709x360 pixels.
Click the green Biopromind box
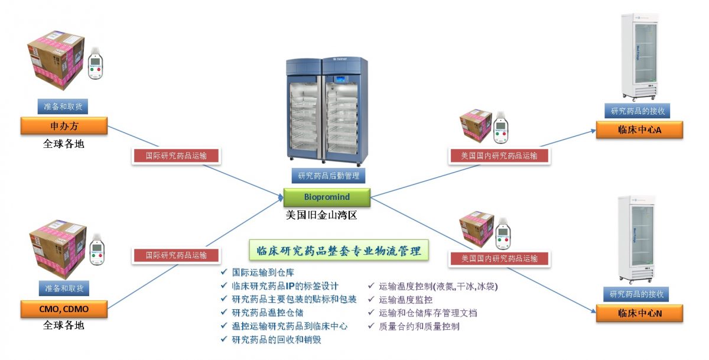[x=327, y=197]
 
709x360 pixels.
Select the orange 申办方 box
[x=64, y=125]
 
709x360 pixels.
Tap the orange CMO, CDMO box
[x=64, y=308]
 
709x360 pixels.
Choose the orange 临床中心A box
[x=639, y=130]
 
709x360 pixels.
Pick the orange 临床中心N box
[x=639, y=313]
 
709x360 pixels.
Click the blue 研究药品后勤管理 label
[x=329, y=176]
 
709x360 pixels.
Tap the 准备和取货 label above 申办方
[x=64, y=106]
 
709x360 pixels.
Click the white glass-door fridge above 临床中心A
[x=638, y=56]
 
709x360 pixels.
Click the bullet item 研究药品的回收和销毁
[x=276, y=339]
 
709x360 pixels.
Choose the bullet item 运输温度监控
[x=405, y=300]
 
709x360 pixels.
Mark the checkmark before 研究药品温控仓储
[x=223, y=313]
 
